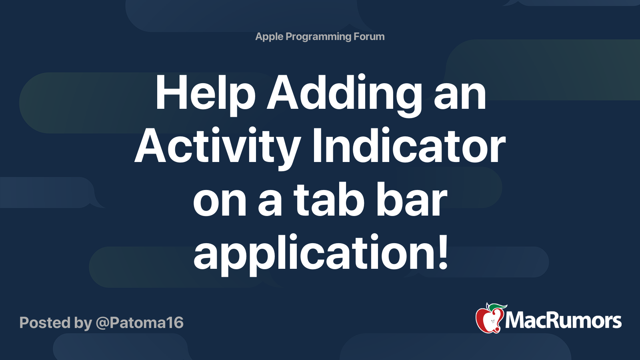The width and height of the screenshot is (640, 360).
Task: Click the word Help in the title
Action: [205, 93]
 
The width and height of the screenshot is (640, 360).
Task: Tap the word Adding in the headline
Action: [344, 93]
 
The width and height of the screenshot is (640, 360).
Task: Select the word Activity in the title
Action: [218, 147]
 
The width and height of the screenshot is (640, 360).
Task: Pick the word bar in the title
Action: [412, 200]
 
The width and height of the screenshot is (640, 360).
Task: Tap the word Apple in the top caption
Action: [269, 37]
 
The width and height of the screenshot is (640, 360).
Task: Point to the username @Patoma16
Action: [140, 323]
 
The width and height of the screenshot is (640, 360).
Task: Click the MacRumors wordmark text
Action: [563, 320]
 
